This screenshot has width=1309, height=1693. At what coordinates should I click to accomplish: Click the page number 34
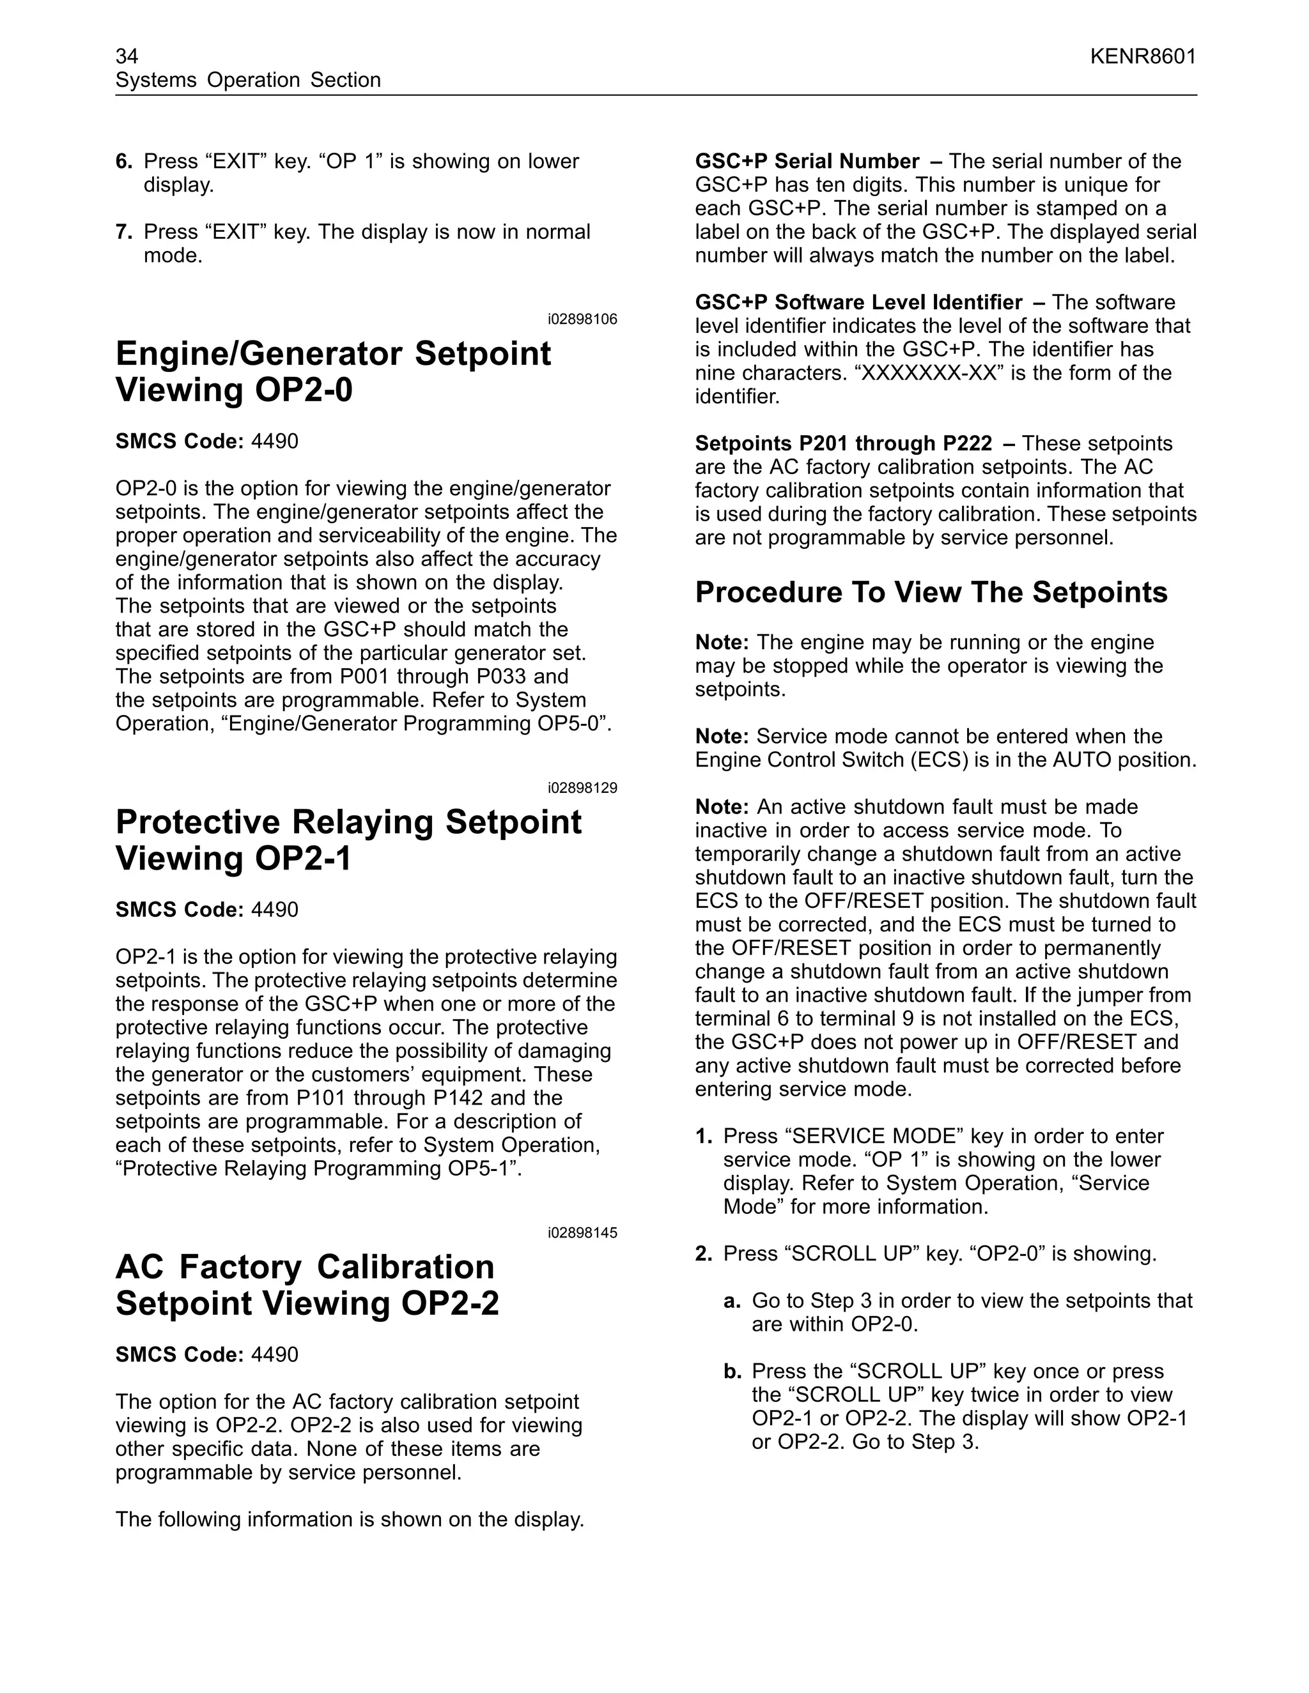pos(127,57)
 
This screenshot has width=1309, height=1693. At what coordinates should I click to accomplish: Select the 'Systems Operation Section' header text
pos(248,80)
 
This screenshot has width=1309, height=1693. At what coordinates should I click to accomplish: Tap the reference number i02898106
pos(582,319)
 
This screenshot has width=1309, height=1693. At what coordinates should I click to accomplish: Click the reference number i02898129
pos(582,788)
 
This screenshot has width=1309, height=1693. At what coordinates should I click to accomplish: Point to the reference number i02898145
pos(582,1233)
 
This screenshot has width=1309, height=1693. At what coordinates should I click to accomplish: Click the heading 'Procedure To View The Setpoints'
pos(931,592)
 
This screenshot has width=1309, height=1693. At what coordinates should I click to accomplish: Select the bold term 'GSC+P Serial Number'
pos(807,161)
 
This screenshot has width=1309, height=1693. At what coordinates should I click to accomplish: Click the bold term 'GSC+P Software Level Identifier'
pos(858,302)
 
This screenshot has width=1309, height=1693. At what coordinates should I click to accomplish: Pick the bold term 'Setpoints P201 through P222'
pos(843,443)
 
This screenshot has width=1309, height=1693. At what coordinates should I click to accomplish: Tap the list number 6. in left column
pos(124,161)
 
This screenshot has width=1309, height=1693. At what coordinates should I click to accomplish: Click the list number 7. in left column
pos(124,232)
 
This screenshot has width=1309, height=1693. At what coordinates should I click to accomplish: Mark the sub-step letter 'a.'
pos(732,1301)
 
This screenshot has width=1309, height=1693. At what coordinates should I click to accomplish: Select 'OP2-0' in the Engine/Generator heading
pos(304,389)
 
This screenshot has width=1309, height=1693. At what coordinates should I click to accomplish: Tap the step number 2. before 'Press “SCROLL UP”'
pos(703,1253)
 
